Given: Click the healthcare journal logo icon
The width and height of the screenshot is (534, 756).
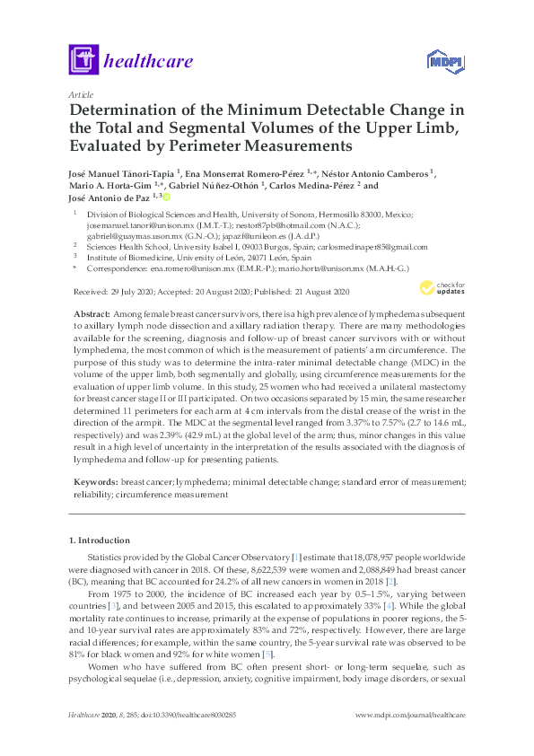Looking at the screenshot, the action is coord(83,60).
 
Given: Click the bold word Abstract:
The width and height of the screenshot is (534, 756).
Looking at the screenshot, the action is coord(93,308).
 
